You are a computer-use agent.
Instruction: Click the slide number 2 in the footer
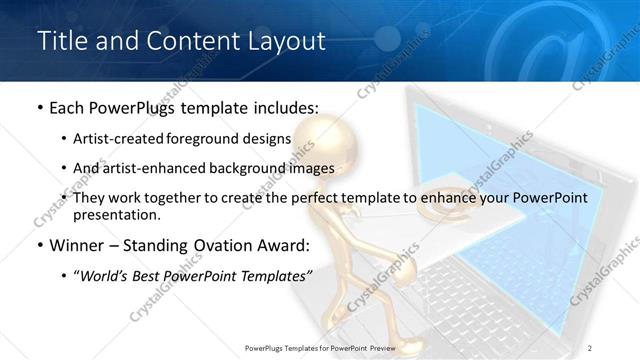tap(590, 347)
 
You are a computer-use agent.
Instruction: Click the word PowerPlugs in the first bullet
tap(134, 107)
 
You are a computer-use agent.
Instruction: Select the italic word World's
tap(109, 275)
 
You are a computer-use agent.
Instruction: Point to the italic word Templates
tap(270, 275)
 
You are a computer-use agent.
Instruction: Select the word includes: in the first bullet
tap(284, 107)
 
